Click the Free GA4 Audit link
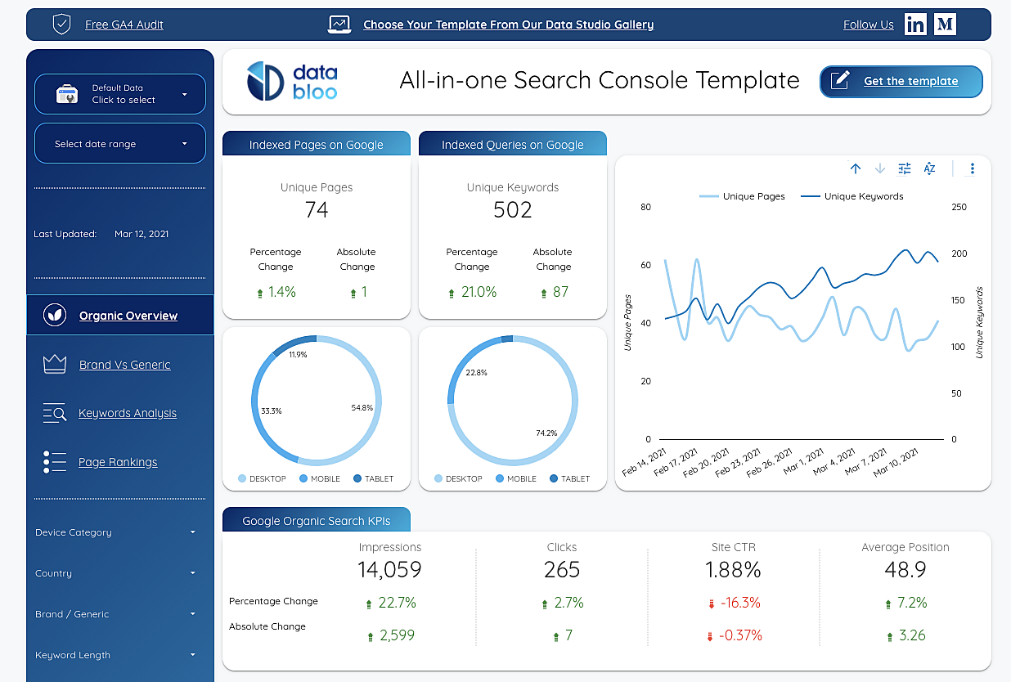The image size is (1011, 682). [x=124, y=25]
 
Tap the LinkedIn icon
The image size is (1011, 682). [x=915, y=25]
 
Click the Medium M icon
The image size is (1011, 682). [x=945, y=25]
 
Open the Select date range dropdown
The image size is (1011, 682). [x=120, y=144]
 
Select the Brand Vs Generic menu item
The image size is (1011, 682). [x=124, y=365]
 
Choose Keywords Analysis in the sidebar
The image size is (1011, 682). [x=127, y=413]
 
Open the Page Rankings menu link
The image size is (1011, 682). [x=118, y=462]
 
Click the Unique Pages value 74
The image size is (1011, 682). [x=317, y=210]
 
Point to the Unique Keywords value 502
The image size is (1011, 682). [x=513, y=210]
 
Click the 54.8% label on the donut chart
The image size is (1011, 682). [x=362, y=407]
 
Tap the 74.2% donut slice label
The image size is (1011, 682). [x=546, y=433]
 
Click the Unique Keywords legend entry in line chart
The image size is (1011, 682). [x=863, y=196]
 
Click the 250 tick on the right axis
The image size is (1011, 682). [x=959, y=207]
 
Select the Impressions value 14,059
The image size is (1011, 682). [x=389, y=569]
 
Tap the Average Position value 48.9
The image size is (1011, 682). [x=905, y=569]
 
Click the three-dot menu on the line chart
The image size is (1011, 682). [x=973, y=168]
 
